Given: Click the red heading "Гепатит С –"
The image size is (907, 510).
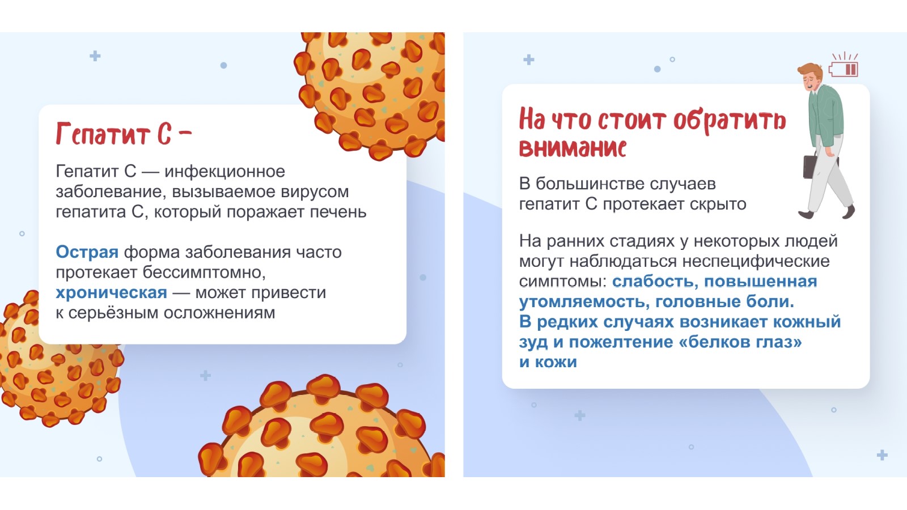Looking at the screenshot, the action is (124, 134).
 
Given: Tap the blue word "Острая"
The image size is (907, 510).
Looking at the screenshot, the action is (87, 252).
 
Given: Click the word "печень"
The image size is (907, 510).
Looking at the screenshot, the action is (338, 212).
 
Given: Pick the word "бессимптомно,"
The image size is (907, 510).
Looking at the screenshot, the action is (204, 273).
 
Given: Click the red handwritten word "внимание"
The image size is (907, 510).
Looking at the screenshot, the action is (573, 147).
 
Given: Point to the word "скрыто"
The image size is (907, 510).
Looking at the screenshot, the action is (718, 205).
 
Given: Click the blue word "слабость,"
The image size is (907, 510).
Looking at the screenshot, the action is (655, 281).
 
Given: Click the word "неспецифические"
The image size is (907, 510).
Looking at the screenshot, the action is (756, 262).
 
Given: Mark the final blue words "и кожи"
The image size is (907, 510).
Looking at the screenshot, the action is (548, 362).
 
